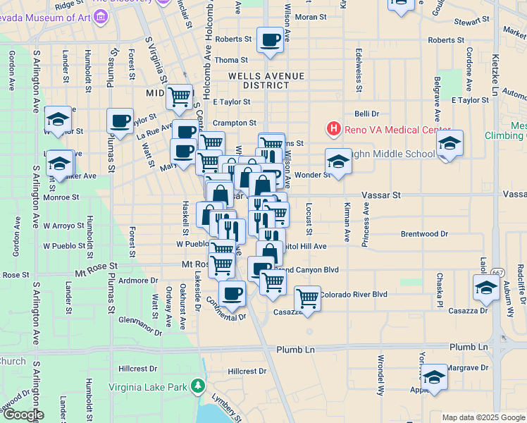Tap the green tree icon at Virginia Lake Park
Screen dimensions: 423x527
[199, 386]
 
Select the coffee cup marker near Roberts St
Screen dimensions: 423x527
[269, 41]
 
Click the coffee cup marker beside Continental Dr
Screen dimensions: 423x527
[232, 294]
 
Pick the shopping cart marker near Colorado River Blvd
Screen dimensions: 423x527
[307, 299]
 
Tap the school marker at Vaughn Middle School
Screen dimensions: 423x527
[338, 161]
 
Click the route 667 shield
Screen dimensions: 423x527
[498, 271]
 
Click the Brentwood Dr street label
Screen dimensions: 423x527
[424, 233]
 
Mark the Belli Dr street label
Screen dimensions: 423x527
[366, 113]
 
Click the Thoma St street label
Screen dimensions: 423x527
[232, 61]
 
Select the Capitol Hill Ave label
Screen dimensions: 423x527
[303, 247]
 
